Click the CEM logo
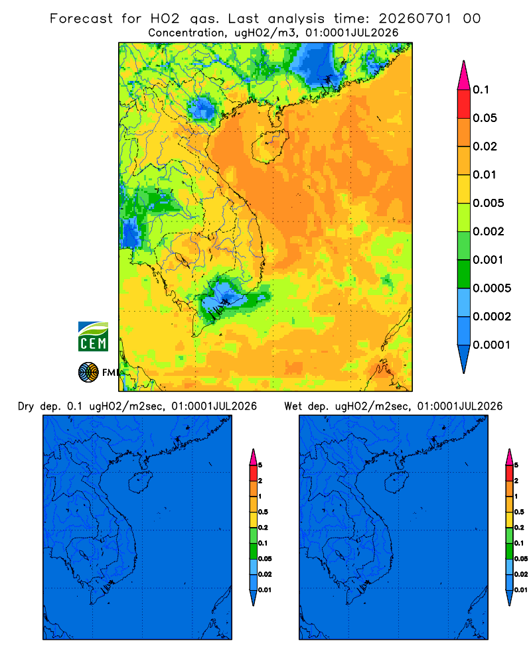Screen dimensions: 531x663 pos(93,336)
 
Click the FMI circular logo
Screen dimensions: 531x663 pos(88,372)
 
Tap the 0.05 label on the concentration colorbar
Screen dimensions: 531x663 pos(485,118)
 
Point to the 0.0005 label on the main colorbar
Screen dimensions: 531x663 pos(492,288)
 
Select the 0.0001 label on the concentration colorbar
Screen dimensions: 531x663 pos(492,345)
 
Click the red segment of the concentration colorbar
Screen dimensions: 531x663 pos(464,104)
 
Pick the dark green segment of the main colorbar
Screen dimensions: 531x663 pos(464,274)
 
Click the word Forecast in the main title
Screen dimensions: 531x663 pos(81,19)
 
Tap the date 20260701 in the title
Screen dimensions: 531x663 pos(415,19)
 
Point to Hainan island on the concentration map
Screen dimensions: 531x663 pos(269,146)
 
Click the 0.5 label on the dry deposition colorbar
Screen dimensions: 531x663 pos(263,512)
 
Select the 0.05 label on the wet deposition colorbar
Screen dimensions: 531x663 pos(521,558)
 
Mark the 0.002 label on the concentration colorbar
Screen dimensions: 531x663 pos(489,231)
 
